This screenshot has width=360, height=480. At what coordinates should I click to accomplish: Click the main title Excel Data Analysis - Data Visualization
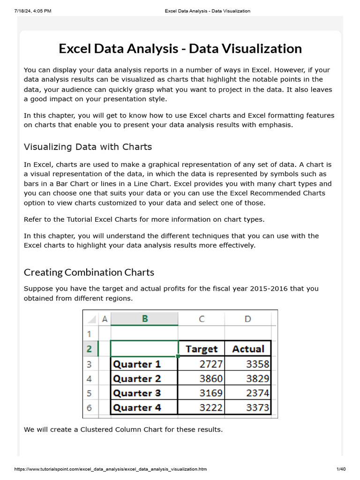180,49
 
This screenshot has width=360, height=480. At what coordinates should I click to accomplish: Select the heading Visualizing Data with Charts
88,147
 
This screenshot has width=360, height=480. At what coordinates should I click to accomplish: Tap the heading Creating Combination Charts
89,272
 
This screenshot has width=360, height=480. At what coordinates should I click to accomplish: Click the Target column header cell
202,349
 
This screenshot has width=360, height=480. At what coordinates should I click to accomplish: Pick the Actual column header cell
248,349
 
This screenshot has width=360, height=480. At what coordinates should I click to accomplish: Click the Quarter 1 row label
137,364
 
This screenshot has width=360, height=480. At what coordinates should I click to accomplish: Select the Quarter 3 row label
137,393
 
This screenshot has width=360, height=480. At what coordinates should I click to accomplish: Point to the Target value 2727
210,364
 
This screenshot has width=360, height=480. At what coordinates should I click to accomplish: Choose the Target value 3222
210,408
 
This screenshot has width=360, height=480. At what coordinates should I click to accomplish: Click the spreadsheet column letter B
144,319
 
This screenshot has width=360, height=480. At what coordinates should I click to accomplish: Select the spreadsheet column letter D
247,319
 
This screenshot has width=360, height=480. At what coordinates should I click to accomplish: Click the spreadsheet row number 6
89,408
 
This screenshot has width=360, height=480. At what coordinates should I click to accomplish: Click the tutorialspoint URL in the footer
104,469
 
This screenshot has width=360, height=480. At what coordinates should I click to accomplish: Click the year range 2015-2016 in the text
262,289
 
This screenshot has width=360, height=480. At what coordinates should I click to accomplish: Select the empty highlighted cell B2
144,349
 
